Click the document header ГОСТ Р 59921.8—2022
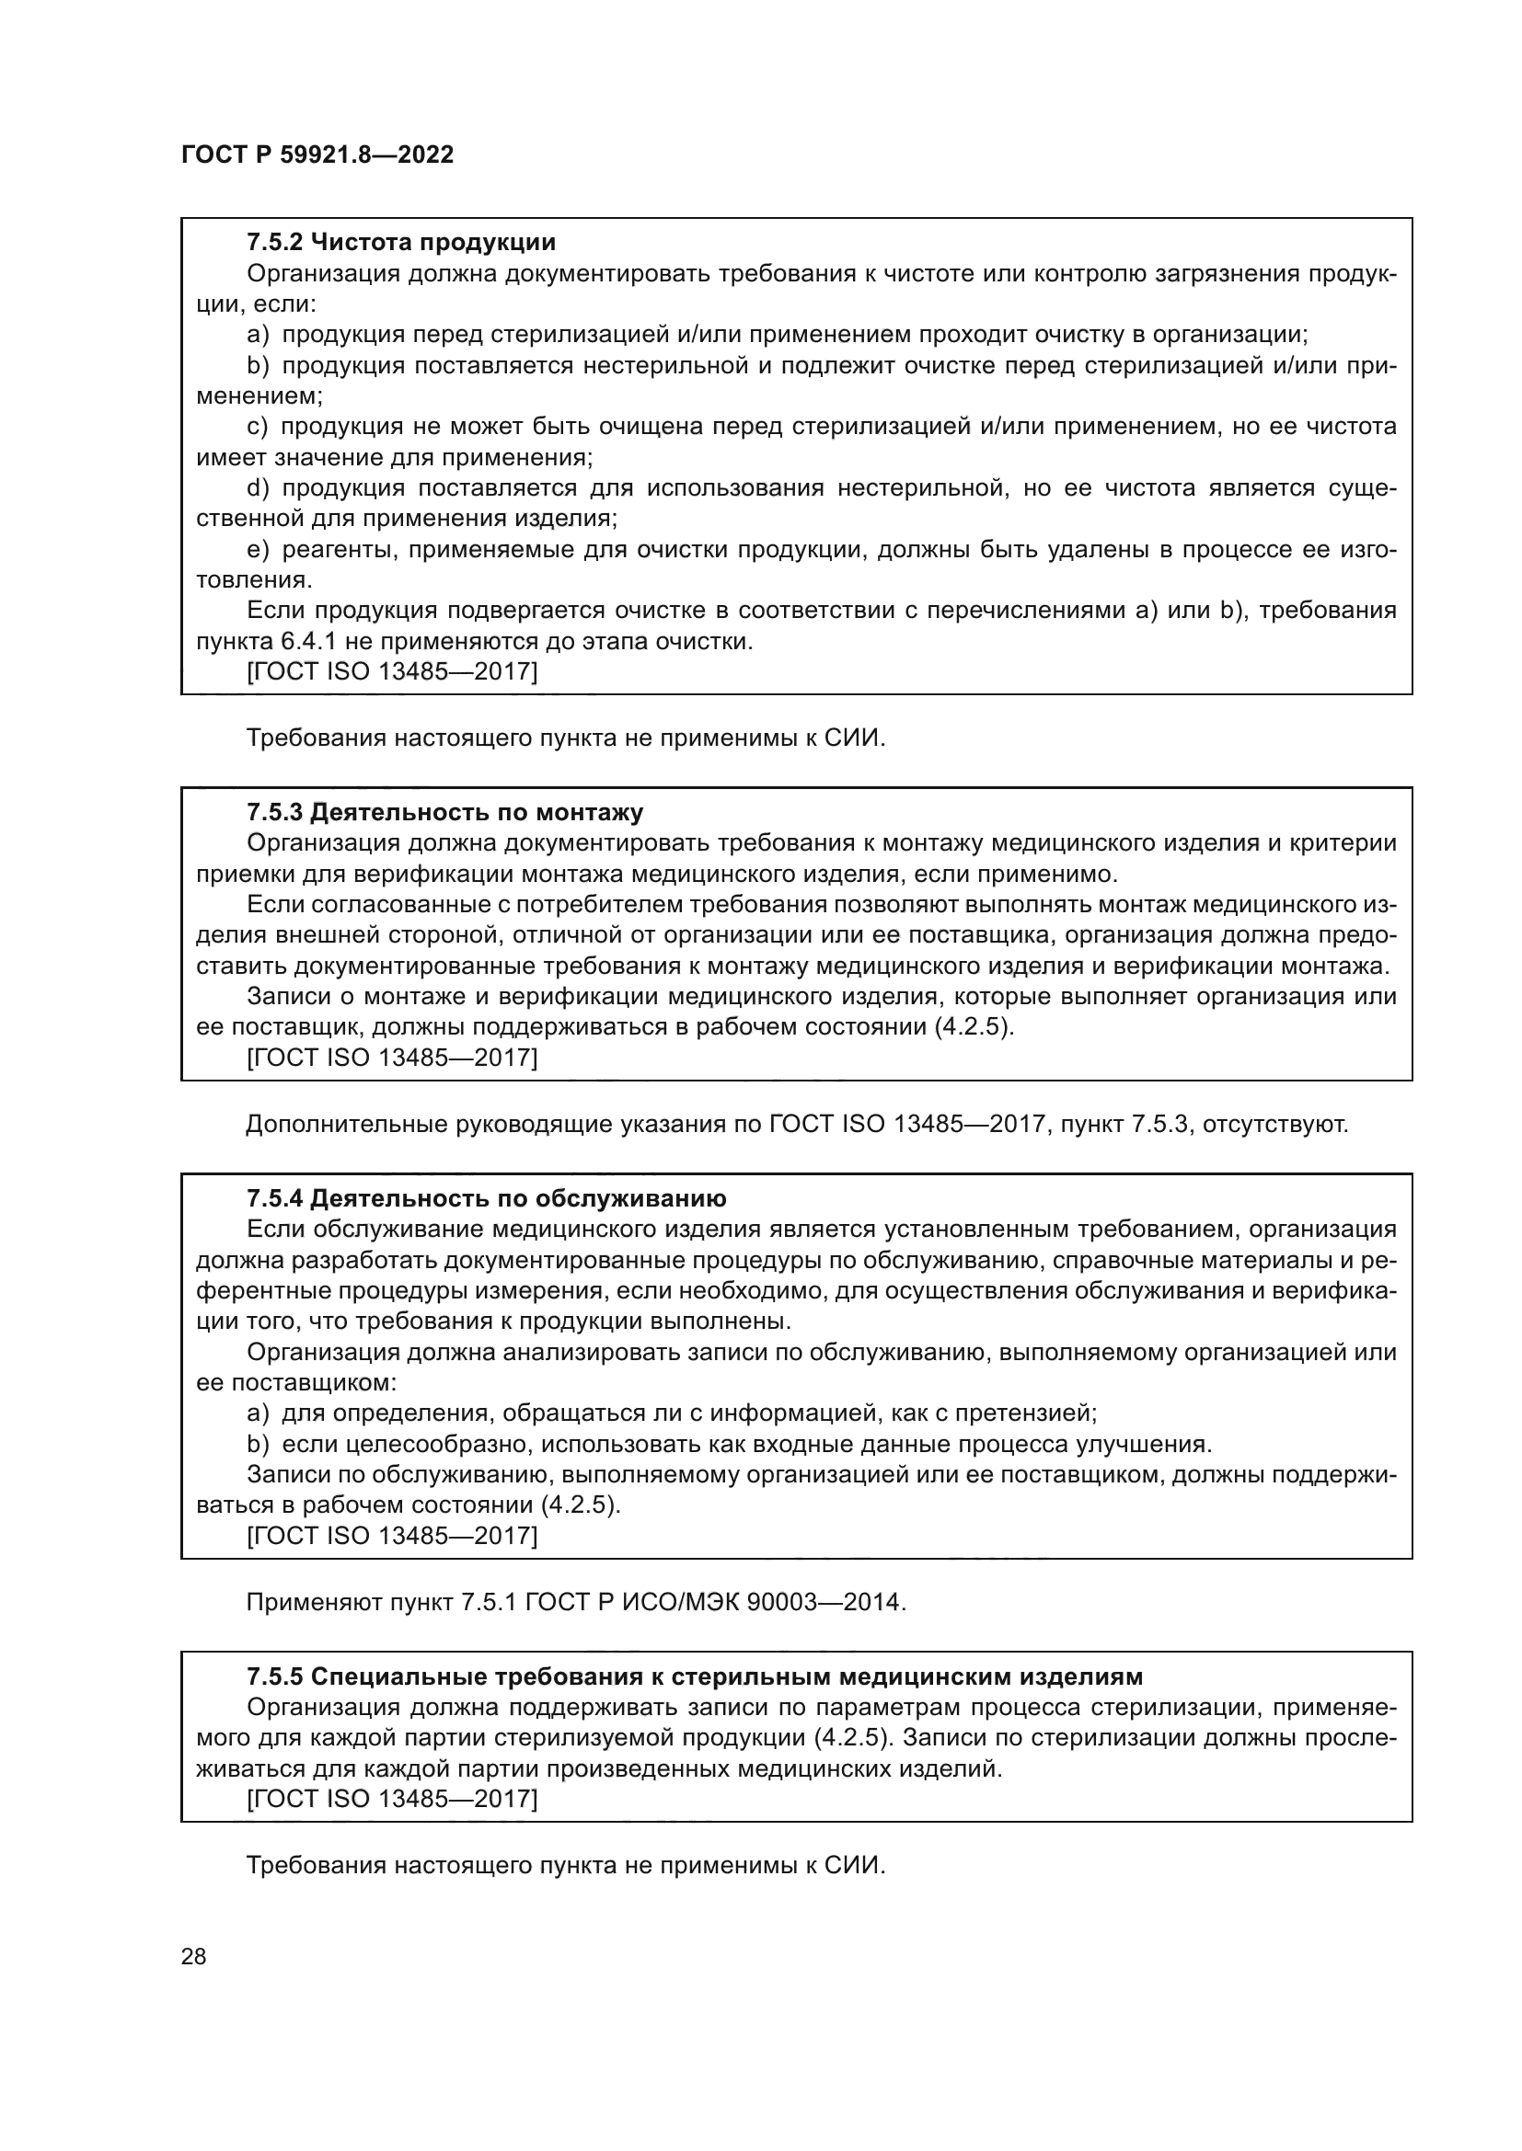(x=317, y=154)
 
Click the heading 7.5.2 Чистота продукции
(x=400, y=243)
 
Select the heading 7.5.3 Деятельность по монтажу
(x=444, y=811)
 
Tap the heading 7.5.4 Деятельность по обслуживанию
(x=487, y=1198)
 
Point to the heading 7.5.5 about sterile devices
(x=694, y=1676)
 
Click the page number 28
(x=193, y=1956)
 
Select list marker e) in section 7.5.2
(x=258, y=550)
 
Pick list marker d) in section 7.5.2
(x=258, y=488)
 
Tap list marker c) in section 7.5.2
(x=258, y=428)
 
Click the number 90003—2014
(x=824, y=1602)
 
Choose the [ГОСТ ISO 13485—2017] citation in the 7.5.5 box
(x=391, y=1799)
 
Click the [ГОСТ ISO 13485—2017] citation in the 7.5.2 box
(x=391, y=671)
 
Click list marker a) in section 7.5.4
(x=258, y=1413)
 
